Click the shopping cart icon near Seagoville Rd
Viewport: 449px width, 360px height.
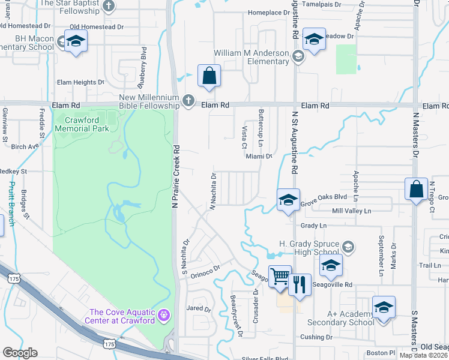279,277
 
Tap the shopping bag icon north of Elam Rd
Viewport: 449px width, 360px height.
209,76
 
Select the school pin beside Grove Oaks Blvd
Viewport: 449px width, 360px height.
288,200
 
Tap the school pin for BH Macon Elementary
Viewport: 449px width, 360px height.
76,41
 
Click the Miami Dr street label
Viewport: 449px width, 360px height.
259,156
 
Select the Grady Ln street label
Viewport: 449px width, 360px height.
313,226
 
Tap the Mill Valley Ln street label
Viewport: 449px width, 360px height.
352,211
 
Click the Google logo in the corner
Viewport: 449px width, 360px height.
20,353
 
